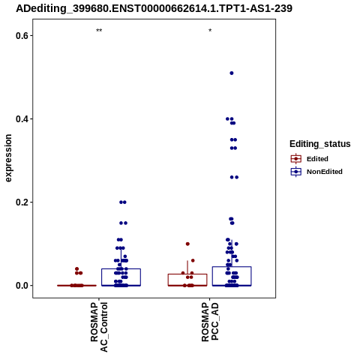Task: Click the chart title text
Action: (154, 8)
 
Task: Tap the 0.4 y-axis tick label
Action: (21, 119)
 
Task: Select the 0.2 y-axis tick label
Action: (21, 202)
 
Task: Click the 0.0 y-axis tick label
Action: (21, 286)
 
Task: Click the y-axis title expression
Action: (8, 158)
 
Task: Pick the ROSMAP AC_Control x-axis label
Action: (99, 327)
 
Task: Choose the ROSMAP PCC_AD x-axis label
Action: (210, 322)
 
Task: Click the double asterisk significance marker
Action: (99, 31)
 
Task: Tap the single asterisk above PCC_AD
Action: (210, 31)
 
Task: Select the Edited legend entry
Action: (310, 159)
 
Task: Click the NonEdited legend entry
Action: (316, 172)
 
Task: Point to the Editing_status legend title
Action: (320, 144)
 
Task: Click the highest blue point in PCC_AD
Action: (232, 73)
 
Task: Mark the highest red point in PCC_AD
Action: (187, 244)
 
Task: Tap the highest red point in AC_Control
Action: (76, 269)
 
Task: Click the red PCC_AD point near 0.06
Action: (193, 260)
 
